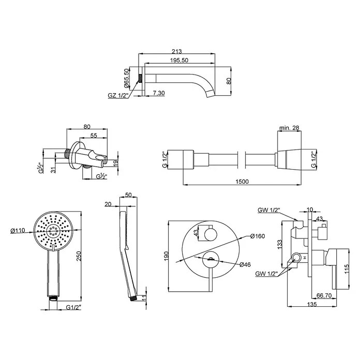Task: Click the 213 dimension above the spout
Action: point(176,51)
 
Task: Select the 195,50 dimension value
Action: point(179,60)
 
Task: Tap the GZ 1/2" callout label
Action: point(118,95)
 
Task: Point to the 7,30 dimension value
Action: point(159,93)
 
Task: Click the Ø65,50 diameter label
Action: point(126,78)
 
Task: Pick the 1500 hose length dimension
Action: point(242,182)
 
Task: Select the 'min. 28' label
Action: point(289,128)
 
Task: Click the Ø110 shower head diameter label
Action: point(18,231)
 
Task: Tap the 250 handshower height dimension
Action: point(79,256)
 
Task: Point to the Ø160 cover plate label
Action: point(258,236)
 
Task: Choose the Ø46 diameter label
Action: point(245,265)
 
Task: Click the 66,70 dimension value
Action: point(324,295)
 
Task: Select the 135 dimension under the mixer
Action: point(312,304)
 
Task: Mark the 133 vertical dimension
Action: point(280,244)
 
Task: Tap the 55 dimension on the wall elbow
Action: point(94,136)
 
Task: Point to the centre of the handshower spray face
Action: point(53,230)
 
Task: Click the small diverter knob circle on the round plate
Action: point(211,235)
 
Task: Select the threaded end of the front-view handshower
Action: point(53,298)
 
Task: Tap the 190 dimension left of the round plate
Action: point(167,256)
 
